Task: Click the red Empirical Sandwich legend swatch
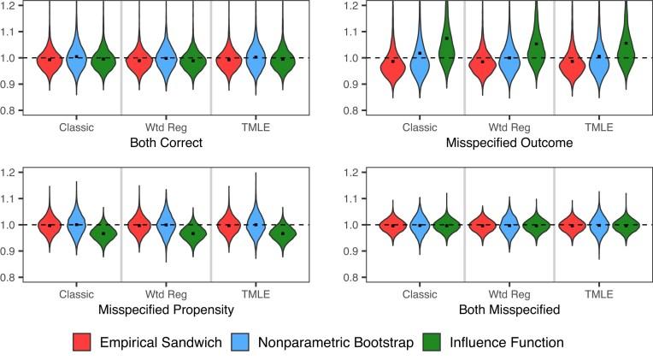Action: [x=85, y=342]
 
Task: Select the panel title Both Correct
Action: [x=165, y=143]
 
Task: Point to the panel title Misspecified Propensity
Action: [x=165, y=309]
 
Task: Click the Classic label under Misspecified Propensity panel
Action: [x=76, y=293]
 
